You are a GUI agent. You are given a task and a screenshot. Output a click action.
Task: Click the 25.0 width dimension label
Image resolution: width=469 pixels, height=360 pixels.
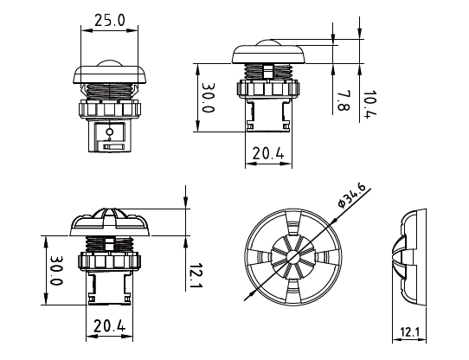[109, 19]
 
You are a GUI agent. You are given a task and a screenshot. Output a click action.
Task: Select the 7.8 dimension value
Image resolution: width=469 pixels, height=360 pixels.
[342, 101]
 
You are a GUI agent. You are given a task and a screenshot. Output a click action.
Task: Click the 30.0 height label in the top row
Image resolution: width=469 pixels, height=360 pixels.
[207, 99]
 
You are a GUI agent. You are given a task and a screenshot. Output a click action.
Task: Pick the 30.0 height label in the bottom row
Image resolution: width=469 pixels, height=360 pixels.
[55, 271]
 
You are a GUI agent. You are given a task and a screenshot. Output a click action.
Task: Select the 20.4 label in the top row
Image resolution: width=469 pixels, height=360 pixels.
[267, 153]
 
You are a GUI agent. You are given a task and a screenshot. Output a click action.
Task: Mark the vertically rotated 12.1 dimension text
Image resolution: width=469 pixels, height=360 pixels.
[196, 275]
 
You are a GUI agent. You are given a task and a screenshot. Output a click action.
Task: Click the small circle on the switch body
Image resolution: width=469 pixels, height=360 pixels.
[109, 132]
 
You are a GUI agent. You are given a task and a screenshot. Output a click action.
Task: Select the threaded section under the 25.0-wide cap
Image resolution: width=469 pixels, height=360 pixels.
[109, 89]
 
